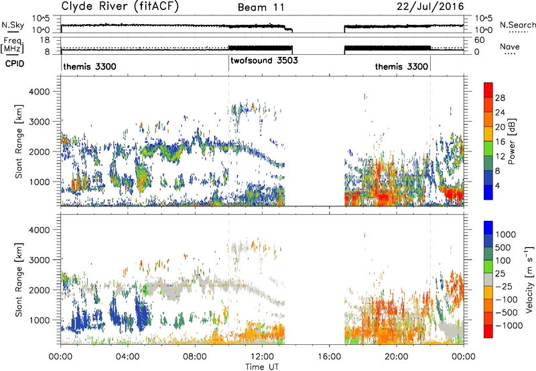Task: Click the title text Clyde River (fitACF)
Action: (120, 6)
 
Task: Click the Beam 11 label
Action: (261, 7)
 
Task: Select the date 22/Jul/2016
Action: (430, 7)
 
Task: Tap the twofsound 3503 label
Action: (264, 61)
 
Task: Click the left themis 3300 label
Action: (90, 66)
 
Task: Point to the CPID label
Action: (15, 64)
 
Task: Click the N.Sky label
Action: (13, 25)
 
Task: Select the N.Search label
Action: (517, 25)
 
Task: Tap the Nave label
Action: (510, 47)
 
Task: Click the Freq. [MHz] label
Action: (12, 45)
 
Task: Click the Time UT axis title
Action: (262, 367)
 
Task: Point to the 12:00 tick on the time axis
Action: (262, 357)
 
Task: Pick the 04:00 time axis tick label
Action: (127, 357)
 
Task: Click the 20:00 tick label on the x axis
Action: (397, 357)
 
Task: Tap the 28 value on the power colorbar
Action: (500, 98)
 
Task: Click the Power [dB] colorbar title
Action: (512, 141)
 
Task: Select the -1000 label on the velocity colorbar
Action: (509, 325)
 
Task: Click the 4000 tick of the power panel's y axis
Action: (40, 92)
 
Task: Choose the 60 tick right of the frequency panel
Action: (480, 40)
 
